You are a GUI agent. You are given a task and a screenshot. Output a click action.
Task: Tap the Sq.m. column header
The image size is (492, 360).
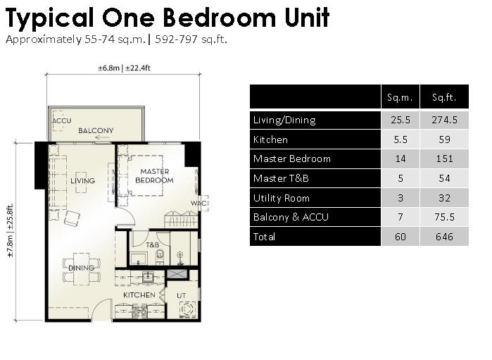click(400, 97)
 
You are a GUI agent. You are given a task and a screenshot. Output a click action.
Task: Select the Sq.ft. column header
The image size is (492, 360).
click(444, 97)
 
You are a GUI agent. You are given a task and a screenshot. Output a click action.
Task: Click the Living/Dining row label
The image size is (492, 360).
click(284, 120)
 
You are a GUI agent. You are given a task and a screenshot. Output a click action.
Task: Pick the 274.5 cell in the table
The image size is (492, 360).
click(444, 120)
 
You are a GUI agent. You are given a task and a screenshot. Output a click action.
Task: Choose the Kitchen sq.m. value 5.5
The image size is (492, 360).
click(400, 139)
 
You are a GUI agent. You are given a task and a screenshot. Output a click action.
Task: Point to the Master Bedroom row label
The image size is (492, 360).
click(292, 159)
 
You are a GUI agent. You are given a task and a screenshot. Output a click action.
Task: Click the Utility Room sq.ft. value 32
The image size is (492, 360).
click(444, 198)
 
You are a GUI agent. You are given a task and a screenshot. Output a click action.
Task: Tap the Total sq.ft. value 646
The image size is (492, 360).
click(444, 237)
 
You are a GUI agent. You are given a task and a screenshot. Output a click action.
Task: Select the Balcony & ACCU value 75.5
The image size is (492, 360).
click(444, 217)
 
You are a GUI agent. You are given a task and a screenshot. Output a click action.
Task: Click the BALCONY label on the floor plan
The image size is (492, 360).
click(96, 130)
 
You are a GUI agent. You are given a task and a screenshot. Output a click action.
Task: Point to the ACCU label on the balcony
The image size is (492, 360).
click(61, 121)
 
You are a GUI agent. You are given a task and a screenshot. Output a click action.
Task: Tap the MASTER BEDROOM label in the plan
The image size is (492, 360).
click(154, 176)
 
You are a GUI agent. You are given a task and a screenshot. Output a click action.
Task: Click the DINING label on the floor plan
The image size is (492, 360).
click(81, 268)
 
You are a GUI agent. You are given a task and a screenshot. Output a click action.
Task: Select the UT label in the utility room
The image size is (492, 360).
click(181, 296)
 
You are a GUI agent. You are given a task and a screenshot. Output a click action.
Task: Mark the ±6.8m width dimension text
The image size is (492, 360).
click(108, 68)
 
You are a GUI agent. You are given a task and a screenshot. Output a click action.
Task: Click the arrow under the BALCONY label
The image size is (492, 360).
click(102, 137)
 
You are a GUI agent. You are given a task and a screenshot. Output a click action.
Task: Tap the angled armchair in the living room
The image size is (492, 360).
click(72, 218)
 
